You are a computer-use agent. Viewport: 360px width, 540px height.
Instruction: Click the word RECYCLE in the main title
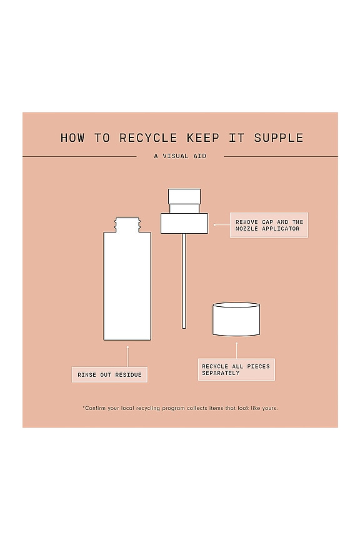click(148, 137)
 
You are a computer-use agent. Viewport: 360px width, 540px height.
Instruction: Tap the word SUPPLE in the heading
click(278, 137)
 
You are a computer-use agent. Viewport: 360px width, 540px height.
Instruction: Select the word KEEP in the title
click(203, 137)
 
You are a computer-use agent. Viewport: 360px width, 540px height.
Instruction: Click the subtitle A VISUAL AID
click(180, 156)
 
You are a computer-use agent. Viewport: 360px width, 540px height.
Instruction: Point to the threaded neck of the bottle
click(127, 224)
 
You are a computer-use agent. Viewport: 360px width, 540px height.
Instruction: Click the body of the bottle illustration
click(127, 286)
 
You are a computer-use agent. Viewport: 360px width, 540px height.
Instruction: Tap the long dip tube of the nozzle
click(184, 281)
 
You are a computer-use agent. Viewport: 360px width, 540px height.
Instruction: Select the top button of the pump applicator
click(184, 196)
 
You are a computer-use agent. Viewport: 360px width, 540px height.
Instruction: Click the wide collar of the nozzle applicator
click(184, 224)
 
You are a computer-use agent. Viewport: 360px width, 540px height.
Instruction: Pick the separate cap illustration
click(236, 319)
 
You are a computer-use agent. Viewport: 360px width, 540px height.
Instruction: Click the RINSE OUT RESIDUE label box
click(109, 375)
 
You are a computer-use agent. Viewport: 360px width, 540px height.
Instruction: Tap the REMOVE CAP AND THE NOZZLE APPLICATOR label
click(269, 225)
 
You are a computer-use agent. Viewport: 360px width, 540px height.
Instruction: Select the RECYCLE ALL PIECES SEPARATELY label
click(236, 369)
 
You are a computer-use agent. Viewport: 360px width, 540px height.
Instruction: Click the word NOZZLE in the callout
click(247, 229)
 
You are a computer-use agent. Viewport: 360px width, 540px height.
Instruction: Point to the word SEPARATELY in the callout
click(221, 373)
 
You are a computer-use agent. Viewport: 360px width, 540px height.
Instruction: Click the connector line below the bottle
click(127, 357)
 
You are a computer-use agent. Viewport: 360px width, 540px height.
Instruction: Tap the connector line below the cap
click(236, 351)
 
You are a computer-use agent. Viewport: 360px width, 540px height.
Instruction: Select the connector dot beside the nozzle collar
click(214, 225)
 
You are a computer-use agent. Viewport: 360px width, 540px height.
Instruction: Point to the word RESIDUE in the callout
click(128, 375)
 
